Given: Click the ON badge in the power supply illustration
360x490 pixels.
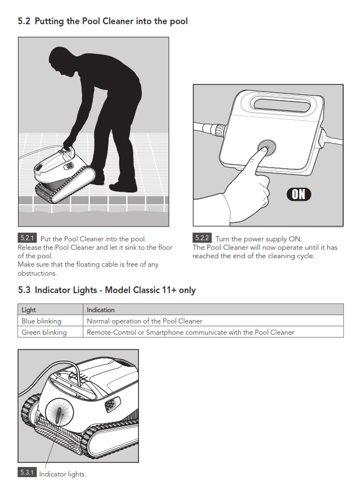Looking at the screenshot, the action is click(299, 194).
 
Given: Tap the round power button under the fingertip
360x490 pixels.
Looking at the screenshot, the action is click(267, 147).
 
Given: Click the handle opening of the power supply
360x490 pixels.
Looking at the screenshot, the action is click(282, 105).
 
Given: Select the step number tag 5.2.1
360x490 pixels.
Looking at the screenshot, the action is click(27, 238).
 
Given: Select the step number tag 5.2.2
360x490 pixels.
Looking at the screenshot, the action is click(202, 238).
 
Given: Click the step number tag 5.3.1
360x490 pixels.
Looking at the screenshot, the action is click(27, 472).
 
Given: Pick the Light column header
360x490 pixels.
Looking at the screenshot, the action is click(29, 309).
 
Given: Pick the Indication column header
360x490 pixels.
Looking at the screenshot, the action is click(101, 309).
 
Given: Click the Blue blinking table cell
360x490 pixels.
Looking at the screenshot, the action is click(50, 321).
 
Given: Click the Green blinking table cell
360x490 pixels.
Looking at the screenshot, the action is click(50, 332).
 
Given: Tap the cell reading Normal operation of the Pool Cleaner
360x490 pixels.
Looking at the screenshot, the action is click(213, 321).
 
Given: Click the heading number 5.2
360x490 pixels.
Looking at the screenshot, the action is click(24, 21).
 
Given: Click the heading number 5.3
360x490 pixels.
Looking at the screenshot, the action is click(24, 290).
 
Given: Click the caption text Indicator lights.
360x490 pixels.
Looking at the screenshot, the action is click(62, 474).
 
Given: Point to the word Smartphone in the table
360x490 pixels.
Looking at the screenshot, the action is click(164, 332).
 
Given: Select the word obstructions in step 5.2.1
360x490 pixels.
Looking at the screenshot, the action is click(37, 273).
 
